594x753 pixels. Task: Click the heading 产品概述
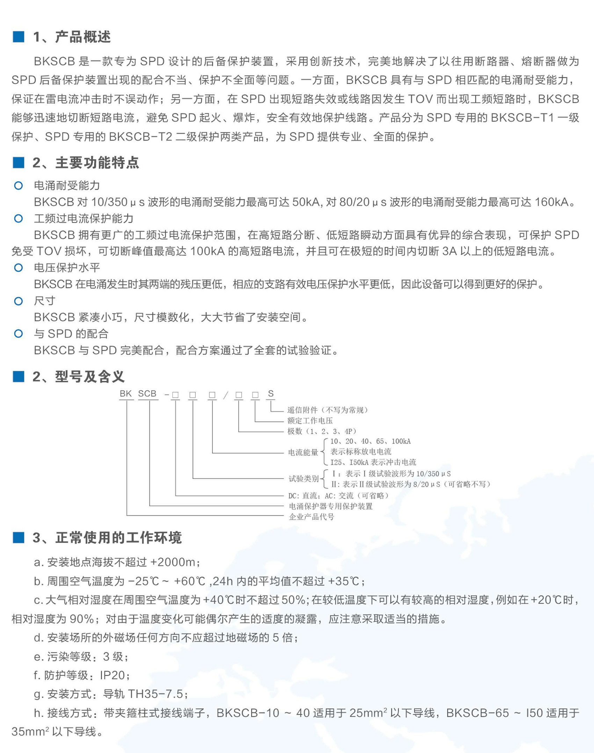point(82,37)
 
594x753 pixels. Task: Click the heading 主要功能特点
point(97,163)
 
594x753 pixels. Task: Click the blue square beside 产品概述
point(19,37)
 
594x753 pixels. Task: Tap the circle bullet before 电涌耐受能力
point(19,186)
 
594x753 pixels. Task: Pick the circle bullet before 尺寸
point(19,301)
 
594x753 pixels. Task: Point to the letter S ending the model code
point(271,394)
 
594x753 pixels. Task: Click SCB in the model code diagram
point(147,394)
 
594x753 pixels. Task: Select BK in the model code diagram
point(125,394)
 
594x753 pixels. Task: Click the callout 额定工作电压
point(310,421)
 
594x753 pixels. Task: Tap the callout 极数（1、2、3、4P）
point(322,432)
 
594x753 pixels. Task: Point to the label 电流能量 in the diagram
point(303,453)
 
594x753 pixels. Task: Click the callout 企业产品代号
point(311,517)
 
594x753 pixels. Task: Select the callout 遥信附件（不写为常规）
point(328,410)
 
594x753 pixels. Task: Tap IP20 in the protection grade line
point(113,675)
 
